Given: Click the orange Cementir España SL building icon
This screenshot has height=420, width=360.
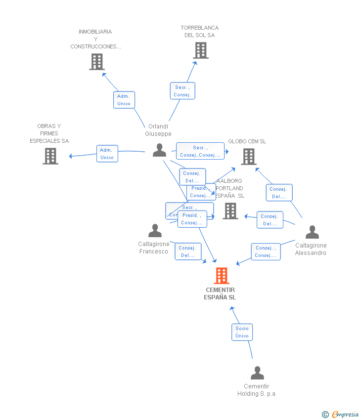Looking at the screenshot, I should (222, 276).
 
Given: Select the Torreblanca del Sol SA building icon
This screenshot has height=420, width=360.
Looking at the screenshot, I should (200, 50).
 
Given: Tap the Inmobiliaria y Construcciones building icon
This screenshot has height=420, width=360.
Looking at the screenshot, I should (97, 62).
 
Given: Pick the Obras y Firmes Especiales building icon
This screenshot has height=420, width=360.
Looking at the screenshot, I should (50, 156).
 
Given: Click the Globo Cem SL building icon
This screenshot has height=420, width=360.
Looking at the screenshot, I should (248, 157).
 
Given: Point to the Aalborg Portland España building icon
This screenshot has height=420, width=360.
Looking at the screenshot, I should (230, 211).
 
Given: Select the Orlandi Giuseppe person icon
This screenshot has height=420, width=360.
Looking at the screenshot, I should (159, 150).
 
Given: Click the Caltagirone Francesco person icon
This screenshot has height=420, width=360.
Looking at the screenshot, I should (155, 231).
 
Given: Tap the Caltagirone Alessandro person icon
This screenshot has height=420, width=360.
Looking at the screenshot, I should (312, 232).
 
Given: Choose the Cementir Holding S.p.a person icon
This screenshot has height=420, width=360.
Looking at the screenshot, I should (257, 373).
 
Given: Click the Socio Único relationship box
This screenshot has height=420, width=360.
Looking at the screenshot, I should (242, 332).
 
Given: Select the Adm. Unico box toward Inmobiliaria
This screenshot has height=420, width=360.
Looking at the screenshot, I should (124, 100).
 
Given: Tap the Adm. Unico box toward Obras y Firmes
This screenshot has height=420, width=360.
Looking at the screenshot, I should (107, 154).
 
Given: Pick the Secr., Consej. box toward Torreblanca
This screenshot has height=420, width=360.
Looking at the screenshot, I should (182, 91).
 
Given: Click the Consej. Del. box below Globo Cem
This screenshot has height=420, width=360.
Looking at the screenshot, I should (279, 193).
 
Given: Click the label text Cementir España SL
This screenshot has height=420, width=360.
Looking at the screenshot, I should (220, 294).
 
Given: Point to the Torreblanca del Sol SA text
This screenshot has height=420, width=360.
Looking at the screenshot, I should (200, 32).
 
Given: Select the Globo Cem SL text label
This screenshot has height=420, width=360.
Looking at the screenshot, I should (247, 141).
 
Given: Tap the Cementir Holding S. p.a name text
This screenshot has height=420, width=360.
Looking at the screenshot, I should (256, 390).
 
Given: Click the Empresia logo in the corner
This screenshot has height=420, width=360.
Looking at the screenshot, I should (341, 414).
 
